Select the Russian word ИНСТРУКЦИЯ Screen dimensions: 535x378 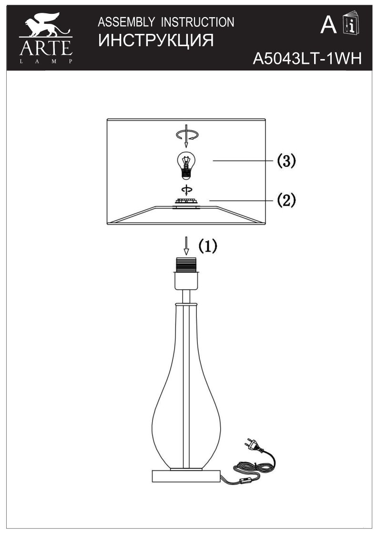[x=155, y=40]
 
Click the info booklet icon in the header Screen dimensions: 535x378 [x=351, y=24]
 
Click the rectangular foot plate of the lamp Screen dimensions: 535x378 [x=186, y=476]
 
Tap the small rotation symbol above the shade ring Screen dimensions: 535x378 [x=186, y=190]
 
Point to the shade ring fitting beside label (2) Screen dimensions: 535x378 [x=186, y=202]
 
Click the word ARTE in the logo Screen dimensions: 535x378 [x=46, y=48]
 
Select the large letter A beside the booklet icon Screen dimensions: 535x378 [x=329, y=25]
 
